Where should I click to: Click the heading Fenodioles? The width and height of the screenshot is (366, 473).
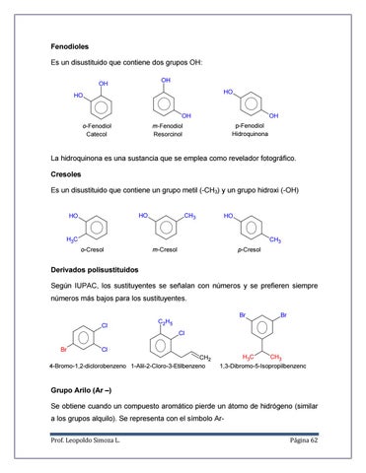[x=74, y=45]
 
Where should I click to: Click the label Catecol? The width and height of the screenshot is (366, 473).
[x=96, y=134]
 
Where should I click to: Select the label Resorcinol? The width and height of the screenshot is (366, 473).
[x=170, y=134]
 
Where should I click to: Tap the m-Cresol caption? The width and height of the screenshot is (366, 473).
[x=162, y=250]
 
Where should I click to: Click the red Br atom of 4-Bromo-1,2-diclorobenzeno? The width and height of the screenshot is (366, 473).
[x=63, y=350]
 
